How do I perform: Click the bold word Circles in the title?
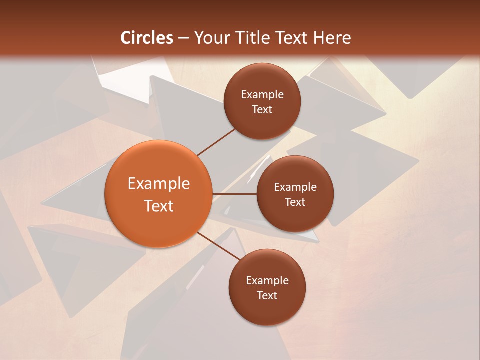[146, 38]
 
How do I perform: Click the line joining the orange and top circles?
[216, 142]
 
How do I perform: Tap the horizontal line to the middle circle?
[235, 194]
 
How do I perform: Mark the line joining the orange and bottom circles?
[219, 246]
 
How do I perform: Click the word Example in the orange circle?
[159, 184]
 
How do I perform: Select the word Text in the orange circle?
[159, 206]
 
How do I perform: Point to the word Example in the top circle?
[262, 95]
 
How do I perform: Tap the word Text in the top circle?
[262, 110]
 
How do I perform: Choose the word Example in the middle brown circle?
[295, 187]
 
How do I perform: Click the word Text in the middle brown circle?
[295, 202]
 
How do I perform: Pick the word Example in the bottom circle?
[267, 281]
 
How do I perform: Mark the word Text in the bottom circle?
[267, 296]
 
